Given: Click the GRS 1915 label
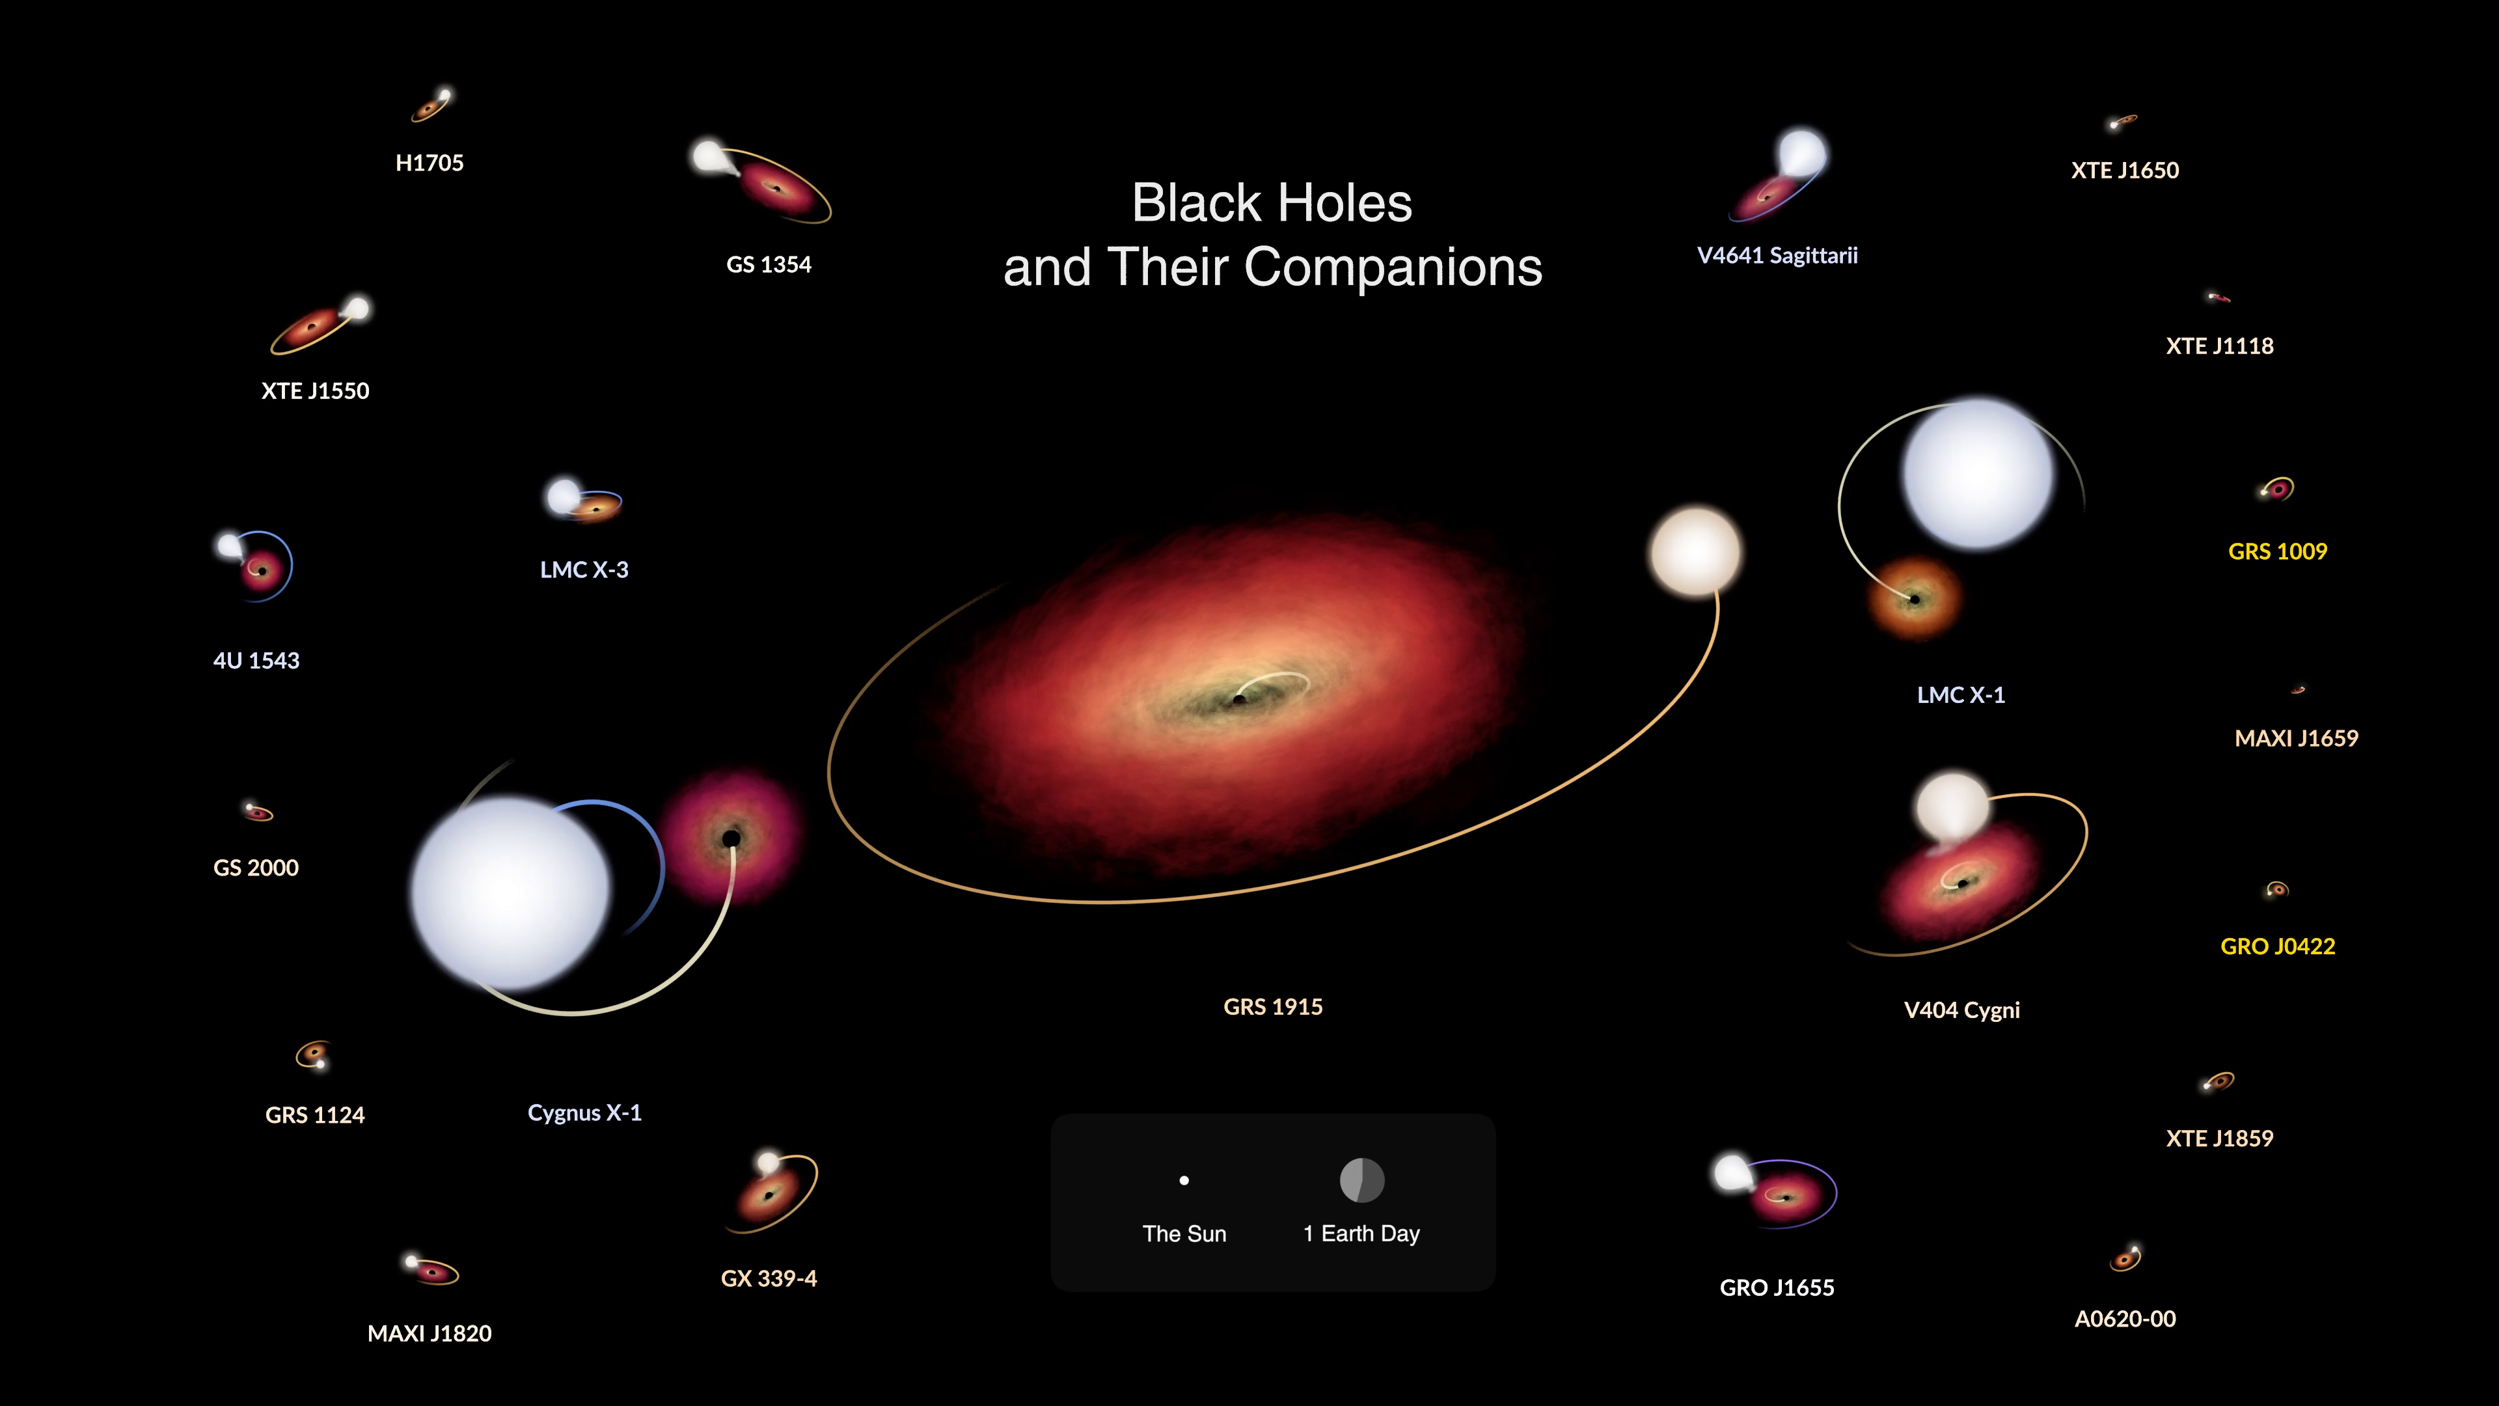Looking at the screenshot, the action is pyautogui.click(x=1273, y=1007).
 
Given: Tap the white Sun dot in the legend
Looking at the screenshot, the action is pyautogui.click(x=1184, y=1181).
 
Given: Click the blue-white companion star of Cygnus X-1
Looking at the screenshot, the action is pyautogui.click(x=512, y=892).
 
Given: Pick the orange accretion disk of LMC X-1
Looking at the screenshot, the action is pyautogui.click(x=1914, y=599).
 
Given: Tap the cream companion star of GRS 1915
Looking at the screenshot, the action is pyautogui.click(x=1696, y=551).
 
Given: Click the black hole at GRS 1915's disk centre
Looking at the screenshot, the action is pyautogui.click(x=1239, y=698).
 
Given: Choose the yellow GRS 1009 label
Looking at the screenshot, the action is pyautogui.click(x=2278, y=552).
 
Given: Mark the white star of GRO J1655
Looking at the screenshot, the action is pyautogui.click(x=1732, y=1172).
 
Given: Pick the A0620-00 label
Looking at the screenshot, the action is pyautogui.click(x=2125, y=1319).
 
